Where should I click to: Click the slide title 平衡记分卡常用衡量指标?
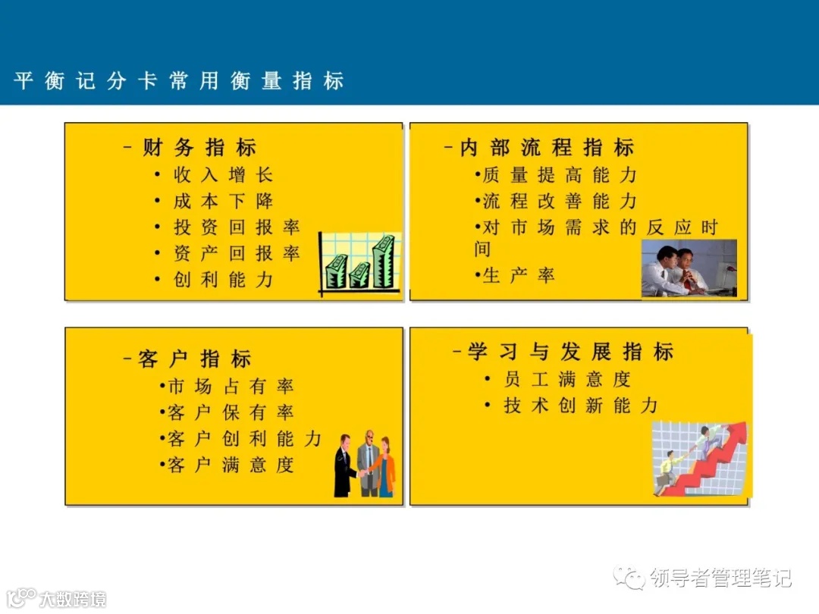click(179, 81)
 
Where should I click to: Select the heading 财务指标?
click(199, 148)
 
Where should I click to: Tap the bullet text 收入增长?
click(223, 175)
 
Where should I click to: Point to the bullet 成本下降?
click(223, 202)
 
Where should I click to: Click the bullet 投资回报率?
click(237, 227)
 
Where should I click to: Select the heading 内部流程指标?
click(547, 148)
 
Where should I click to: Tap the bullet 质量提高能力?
click(560, 175)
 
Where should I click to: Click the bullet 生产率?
click(519, 275)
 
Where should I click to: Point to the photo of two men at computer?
click(689, 268)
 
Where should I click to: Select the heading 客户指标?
click(194, 359)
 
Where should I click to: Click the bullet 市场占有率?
click(230, 387)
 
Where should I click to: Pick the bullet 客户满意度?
click(230, 465)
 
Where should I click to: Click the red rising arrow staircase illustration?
click(700, 459)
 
